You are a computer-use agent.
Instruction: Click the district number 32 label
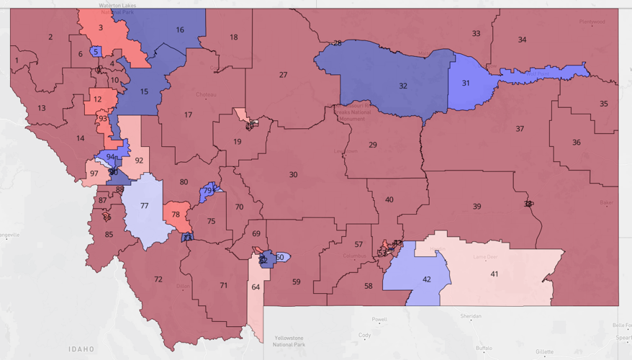[x=403, y=86]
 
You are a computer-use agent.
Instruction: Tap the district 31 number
[x=466, y=83]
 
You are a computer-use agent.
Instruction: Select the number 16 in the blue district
[x=180, y=30]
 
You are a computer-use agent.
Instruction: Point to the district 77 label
[x=144, y=206]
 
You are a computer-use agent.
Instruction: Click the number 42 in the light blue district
[x=426, y=279]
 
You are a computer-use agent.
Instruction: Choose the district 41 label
[x=494, y=274]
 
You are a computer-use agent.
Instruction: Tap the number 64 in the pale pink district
[x=256, y=287]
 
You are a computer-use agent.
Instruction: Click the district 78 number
[x=176, y=214]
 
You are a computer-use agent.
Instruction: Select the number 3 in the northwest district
[x=100, y=28]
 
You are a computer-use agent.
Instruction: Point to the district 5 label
[x=95, y=52]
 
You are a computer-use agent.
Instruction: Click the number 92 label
[x=138, y=160]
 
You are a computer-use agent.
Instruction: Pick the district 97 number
[x=93, y=173]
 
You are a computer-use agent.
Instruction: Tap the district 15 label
[x=144, y=91]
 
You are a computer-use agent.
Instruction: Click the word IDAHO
[x=81, y=349]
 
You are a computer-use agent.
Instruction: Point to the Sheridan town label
[x=470, y=316]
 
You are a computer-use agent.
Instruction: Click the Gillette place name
[x=544, y=352]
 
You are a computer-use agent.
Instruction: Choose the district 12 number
[x=97, y=99]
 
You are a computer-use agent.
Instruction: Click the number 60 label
[x=280, y=257]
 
